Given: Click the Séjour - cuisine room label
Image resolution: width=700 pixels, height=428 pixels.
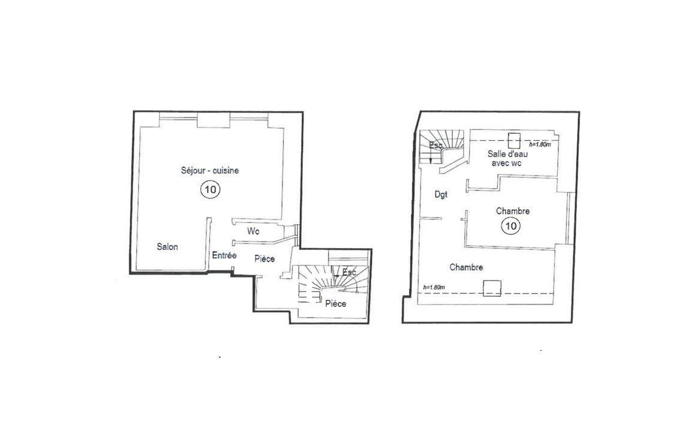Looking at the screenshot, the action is point(210,170).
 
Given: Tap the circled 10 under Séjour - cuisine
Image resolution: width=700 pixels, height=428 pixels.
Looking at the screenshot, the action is point(211,189).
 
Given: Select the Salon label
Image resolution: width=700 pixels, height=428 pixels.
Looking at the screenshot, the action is point(167,247).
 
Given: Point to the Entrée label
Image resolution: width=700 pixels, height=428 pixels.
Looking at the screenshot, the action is point(224,255).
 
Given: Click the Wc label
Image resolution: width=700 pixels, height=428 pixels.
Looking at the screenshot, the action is point(253,231).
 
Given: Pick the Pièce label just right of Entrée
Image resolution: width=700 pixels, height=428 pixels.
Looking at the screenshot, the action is point(265,259).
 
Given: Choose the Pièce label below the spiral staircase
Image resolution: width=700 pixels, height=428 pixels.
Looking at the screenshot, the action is point(336,304).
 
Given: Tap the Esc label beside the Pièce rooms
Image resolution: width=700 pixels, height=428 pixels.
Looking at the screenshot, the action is point(349,272).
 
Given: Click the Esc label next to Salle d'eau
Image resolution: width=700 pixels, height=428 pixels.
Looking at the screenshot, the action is point(435,146).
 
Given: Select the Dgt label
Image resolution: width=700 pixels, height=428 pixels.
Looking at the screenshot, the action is point(441,195).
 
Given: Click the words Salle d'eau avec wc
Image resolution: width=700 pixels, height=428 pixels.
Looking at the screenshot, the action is point(507,158).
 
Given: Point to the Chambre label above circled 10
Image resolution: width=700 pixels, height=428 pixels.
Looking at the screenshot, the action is point(513,211).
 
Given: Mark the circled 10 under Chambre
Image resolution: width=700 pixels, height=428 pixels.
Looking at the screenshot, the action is point(510,226).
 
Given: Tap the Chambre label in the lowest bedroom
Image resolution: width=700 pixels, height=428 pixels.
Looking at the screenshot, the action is point(466,267).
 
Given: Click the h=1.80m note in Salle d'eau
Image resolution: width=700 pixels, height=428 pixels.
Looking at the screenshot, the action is point(540,144).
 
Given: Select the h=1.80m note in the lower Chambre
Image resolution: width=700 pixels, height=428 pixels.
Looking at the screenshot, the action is point(434,287).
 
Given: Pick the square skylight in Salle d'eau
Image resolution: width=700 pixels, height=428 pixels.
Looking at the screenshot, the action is point(514,140).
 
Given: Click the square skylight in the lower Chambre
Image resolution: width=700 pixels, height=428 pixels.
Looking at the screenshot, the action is point(492,288).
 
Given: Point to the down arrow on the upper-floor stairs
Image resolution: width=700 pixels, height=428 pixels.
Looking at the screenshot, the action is point(430,156).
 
